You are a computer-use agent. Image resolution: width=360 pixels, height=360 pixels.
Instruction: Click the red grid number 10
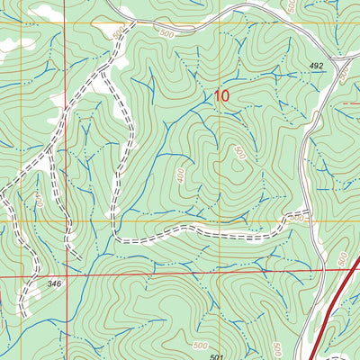pos(222,94)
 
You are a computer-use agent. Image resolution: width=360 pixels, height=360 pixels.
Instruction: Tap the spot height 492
pos(315,66)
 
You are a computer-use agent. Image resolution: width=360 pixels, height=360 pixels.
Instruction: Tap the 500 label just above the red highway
pos(343,259)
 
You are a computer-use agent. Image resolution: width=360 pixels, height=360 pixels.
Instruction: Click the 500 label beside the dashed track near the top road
pos(117,32)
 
